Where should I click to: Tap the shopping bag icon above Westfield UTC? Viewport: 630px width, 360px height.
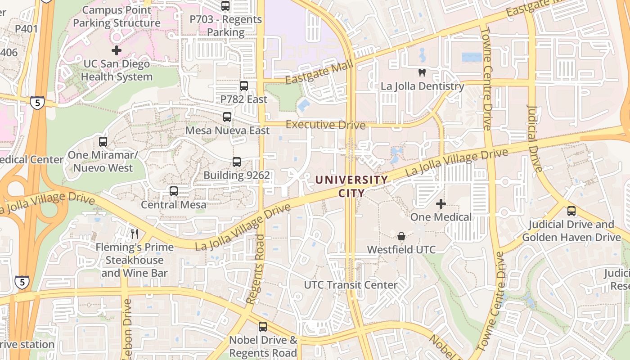tap(401, 236)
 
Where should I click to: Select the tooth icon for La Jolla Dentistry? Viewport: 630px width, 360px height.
tap(422, 72)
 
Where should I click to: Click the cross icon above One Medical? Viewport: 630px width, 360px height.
tap(441, 204)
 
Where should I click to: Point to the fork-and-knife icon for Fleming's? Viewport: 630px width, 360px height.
tap(134, 234)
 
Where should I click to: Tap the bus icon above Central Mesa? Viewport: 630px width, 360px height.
tap(174, 191)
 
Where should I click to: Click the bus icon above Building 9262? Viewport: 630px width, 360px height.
tap(237, 162)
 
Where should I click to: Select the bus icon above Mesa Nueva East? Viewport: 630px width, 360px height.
tap(227, 117)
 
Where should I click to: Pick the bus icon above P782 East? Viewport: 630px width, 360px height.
tap(243, 85)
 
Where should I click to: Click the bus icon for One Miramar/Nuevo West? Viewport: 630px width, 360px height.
tap(103, 142)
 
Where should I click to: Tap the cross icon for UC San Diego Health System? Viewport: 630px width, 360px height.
tap(117, 50)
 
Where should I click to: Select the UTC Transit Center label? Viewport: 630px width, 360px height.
tap(351, 285)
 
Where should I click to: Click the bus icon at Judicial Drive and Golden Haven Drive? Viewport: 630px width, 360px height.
tap(571, 211)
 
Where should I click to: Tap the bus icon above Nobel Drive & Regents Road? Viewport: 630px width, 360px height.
tap(262, 327)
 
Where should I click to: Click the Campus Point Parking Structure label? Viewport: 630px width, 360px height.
tap(117, 16)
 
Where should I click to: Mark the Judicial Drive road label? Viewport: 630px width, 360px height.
tap(535, 139)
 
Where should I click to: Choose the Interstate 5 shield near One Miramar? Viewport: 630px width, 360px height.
tap(37, 103)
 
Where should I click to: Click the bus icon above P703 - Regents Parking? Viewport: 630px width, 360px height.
tap(225, 6)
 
